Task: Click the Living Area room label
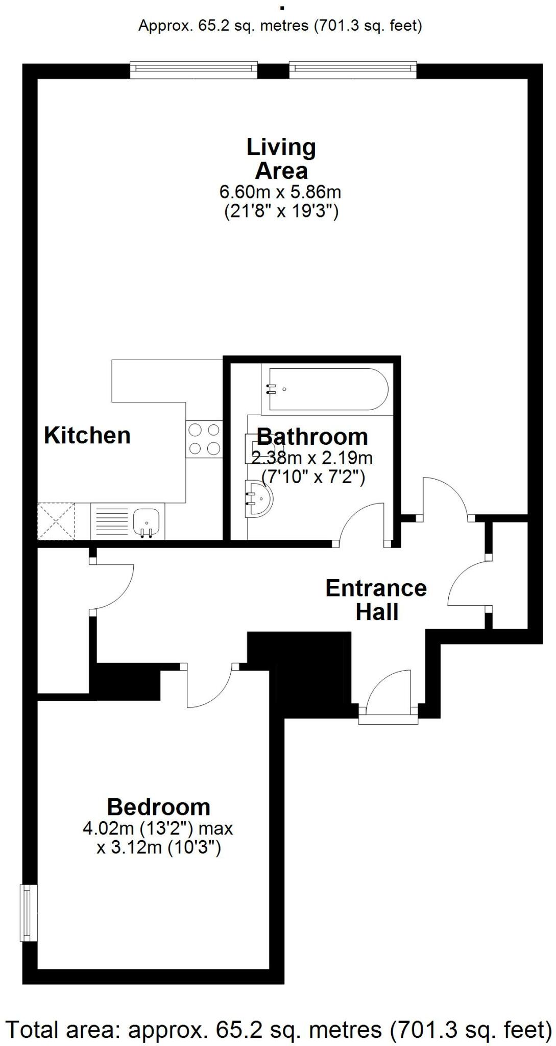point(281,159)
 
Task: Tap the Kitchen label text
point(87,436)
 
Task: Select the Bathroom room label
point(312,437)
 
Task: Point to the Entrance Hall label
point(376,600)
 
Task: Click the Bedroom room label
point(159,807)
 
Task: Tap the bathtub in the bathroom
point(325,389)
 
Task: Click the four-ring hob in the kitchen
point(204,439)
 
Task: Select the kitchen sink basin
point(147,521)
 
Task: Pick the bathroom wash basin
point(258,498)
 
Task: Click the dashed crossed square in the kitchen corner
point(56,521)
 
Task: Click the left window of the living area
point(194,69)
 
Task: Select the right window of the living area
point(353,69)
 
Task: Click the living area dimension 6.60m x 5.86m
point(280,193)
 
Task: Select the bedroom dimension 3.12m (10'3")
point(159,848)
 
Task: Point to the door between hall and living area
point(445,498)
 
